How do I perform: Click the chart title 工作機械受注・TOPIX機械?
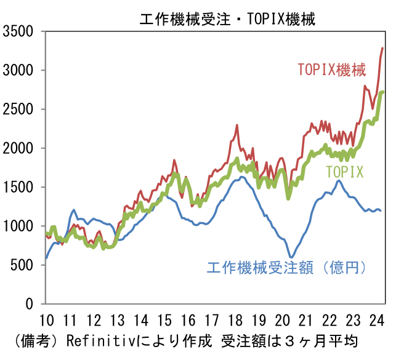tap(227, 19)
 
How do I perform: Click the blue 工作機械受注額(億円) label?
tap(287, 268)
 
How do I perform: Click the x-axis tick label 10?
tap(46, 320)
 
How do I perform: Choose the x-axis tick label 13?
tap(117, 320)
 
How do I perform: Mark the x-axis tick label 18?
tap(235, 320)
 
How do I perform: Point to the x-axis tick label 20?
tap(283, 320)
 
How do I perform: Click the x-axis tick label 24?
tap(377, 320)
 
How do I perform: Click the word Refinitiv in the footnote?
tap(94, 340)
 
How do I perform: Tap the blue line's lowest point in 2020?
tap(291, 258)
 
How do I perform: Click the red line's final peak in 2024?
tap(382, 48)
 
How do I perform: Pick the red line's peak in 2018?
tap(236, 125)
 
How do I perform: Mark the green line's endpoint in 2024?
tap(383, 92)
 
